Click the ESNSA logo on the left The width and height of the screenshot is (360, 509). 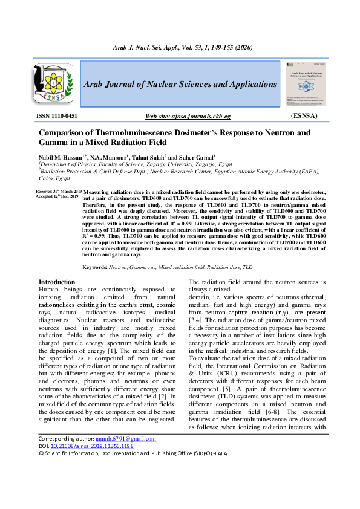(51, 85)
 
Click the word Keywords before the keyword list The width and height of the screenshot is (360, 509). (95, 267)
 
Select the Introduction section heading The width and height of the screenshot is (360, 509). (57, 282)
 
